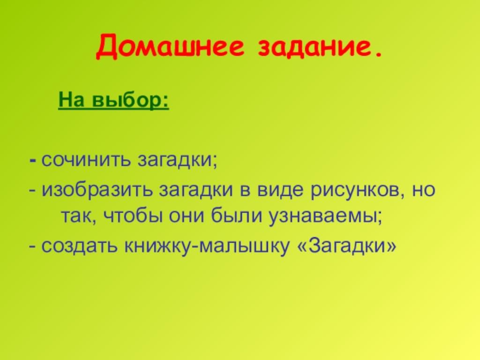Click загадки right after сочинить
(177, 161)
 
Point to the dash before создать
(33, 247)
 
